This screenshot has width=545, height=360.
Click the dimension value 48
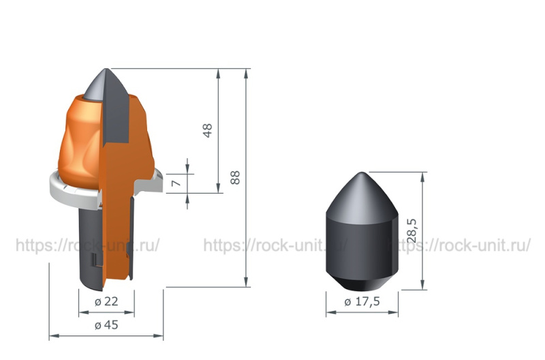[207, 130]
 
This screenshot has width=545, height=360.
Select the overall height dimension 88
[235, 177]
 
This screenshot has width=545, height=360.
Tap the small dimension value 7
[176, 183]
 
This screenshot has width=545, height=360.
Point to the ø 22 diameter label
[106, 301]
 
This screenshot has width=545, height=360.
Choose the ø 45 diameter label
[106, 325]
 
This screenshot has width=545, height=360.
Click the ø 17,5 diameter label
[362, 301]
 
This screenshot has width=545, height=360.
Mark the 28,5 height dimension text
[411, 230]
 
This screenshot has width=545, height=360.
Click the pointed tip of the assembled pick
[106, 69]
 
